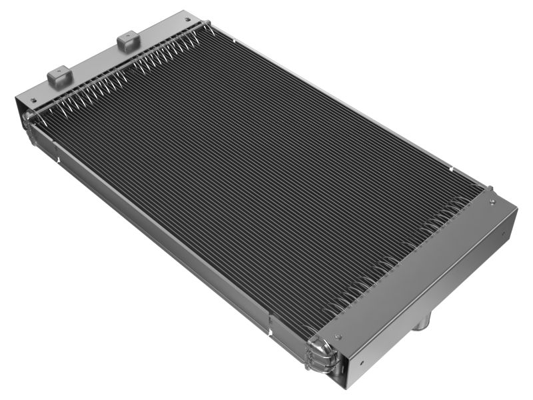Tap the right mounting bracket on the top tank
(129, 41)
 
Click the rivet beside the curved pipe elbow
(339, 337)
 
